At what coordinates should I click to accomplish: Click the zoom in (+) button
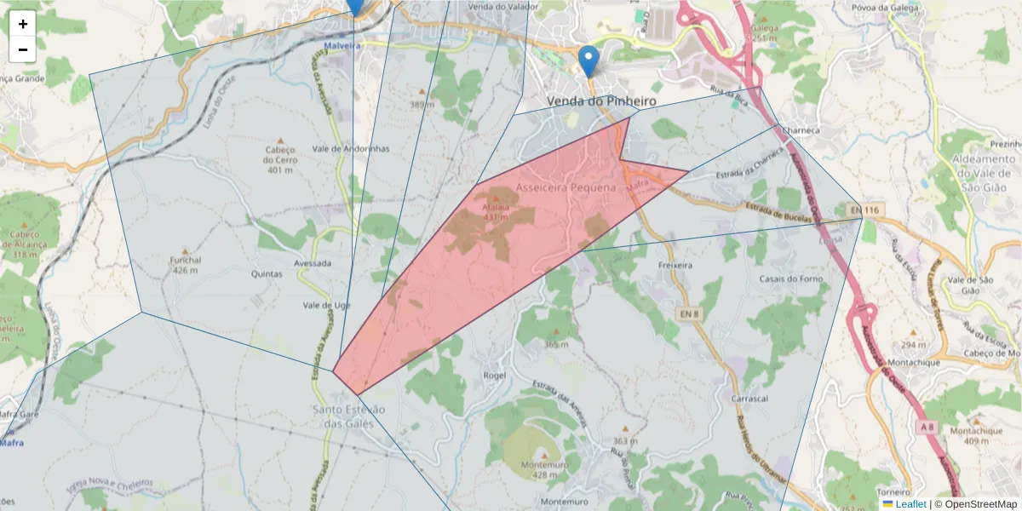(x=23, y=24)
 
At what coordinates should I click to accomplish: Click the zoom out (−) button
(x=23, y=49)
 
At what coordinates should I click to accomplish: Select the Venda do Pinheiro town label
(x=601, y=100)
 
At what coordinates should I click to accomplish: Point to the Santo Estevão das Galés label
(x=349, y=416)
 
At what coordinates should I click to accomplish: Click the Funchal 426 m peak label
(x=185, y=265)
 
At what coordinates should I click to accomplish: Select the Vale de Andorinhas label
(x=351, y=148)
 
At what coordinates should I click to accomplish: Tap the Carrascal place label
(x=749, y=399)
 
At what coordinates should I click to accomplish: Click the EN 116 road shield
(x=863, y=210)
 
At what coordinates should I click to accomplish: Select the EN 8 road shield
(x=691, y=314)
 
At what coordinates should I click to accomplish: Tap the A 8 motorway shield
(x=928, y=425)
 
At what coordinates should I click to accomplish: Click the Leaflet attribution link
(x=910, y=504)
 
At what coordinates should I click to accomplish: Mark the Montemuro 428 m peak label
(x=544, y=469)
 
